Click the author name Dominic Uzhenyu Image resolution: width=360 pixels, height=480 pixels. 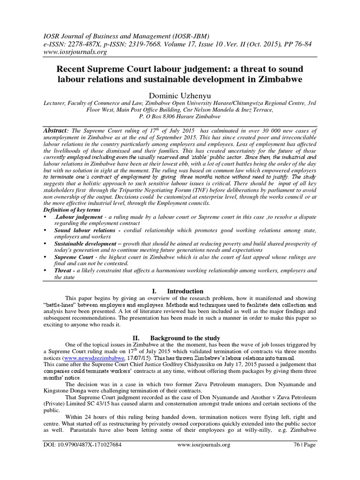[180, 96]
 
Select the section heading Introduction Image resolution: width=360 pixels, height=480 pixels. [185, 291]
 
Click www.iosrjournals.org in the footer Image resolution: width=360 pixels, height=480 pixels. [204, 445]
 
